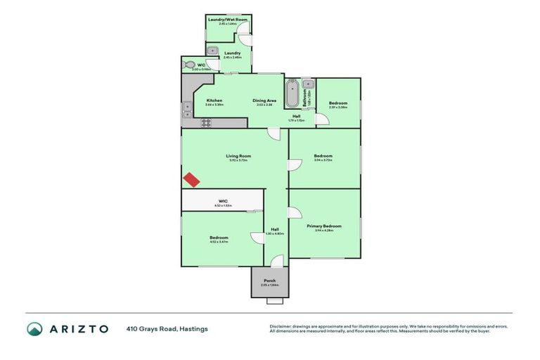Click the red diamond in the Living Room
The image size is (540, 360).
point(191,179)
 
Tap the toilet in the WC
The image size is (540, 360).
point(188,65)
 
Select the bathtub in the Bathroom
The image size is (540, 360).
point(292,93)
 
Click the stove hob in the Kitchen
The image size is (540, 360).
point(207,122)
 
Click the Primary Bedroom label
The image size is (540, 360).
point(323,226)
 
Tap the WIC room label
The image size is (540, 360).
point(222,201)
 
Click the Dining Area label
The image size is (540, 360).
point(264,101)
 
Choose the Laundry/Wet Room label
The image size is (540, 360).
point(229,20)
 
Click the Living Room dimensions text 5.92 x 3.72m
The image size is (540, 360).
point(238,160)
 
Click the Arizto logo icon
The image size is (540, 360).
point(34,328)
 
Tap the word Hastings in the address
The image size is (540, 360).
point(193,328)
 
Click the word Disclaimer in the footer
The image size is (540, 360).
point(282,326)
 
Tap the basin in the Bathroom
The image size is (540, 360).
point(306,92)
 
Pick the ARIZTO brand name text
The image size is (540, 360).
point(78,328)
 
